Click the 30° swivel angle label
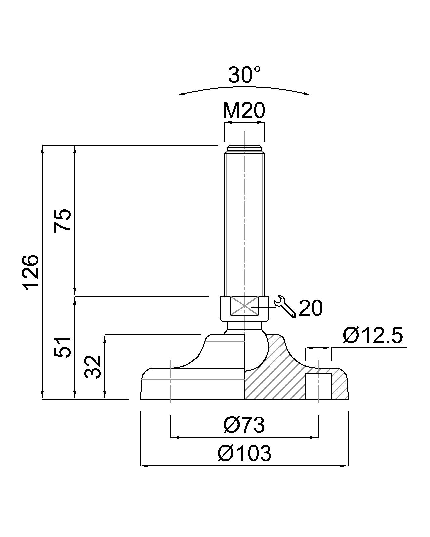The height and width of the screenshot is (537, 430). (x=244, y=75)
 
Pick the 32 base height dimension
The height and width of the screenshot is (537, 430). (x=93, y=367)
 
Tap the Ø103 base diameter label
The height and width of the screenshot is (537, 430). (x=244, y=453)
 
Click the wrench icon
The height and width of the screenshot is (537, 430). (x=285, y=307)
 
